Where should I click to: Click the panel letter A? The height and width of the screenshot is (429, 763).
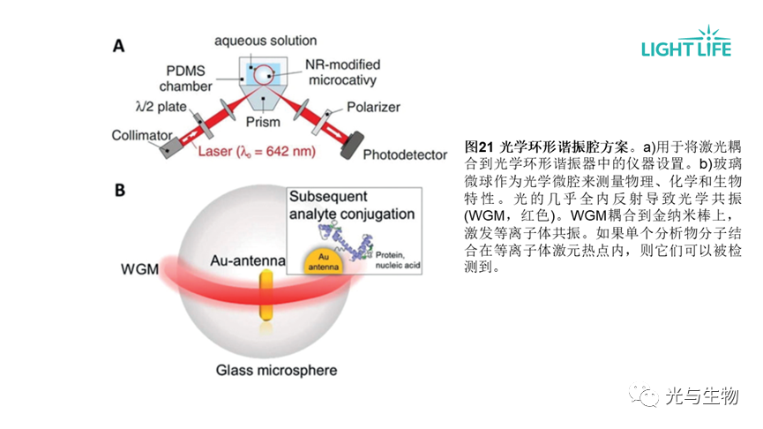pos(117,46)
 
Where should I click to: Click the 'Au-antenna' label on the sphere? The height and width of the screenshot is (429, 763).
pos(249,260)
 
